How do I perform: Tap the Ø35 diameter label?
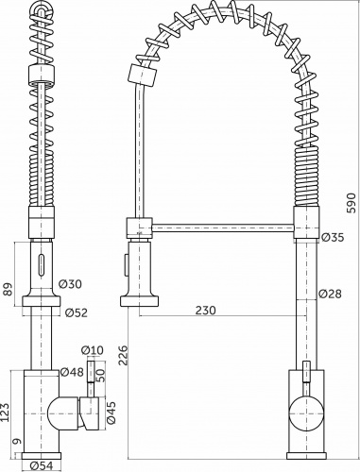click(333, 237)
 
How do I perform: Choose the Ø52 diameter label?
click(76, 312)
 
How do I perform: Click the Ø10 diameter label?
click(94, 351)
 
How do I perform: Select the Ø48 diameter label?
click(72, 373)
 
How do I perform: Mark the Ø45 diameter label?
click(111, 413)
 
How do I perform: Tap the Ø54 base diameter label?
click(41, 464)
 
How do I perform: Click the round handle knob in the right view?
click(304, 413)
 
